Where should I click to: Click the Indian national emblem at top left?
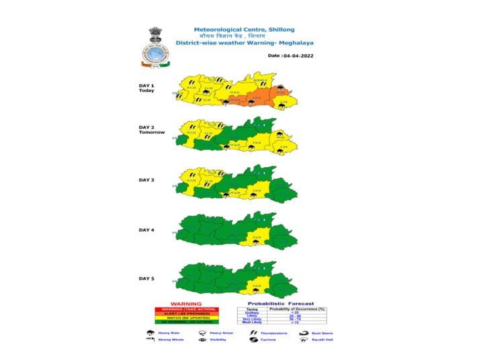[154, 33]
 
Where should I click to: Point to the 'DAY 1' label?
[146, 85]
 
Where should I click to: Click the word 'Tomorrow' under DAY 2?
[151, 132]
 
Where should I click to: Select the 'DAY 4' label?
[146, 230]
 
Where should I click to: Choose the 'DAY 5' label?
[146, 278]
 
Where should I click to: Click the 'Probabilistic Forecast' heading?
[281, 304]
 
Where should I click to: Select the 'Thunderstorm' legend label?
[274, 332]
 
